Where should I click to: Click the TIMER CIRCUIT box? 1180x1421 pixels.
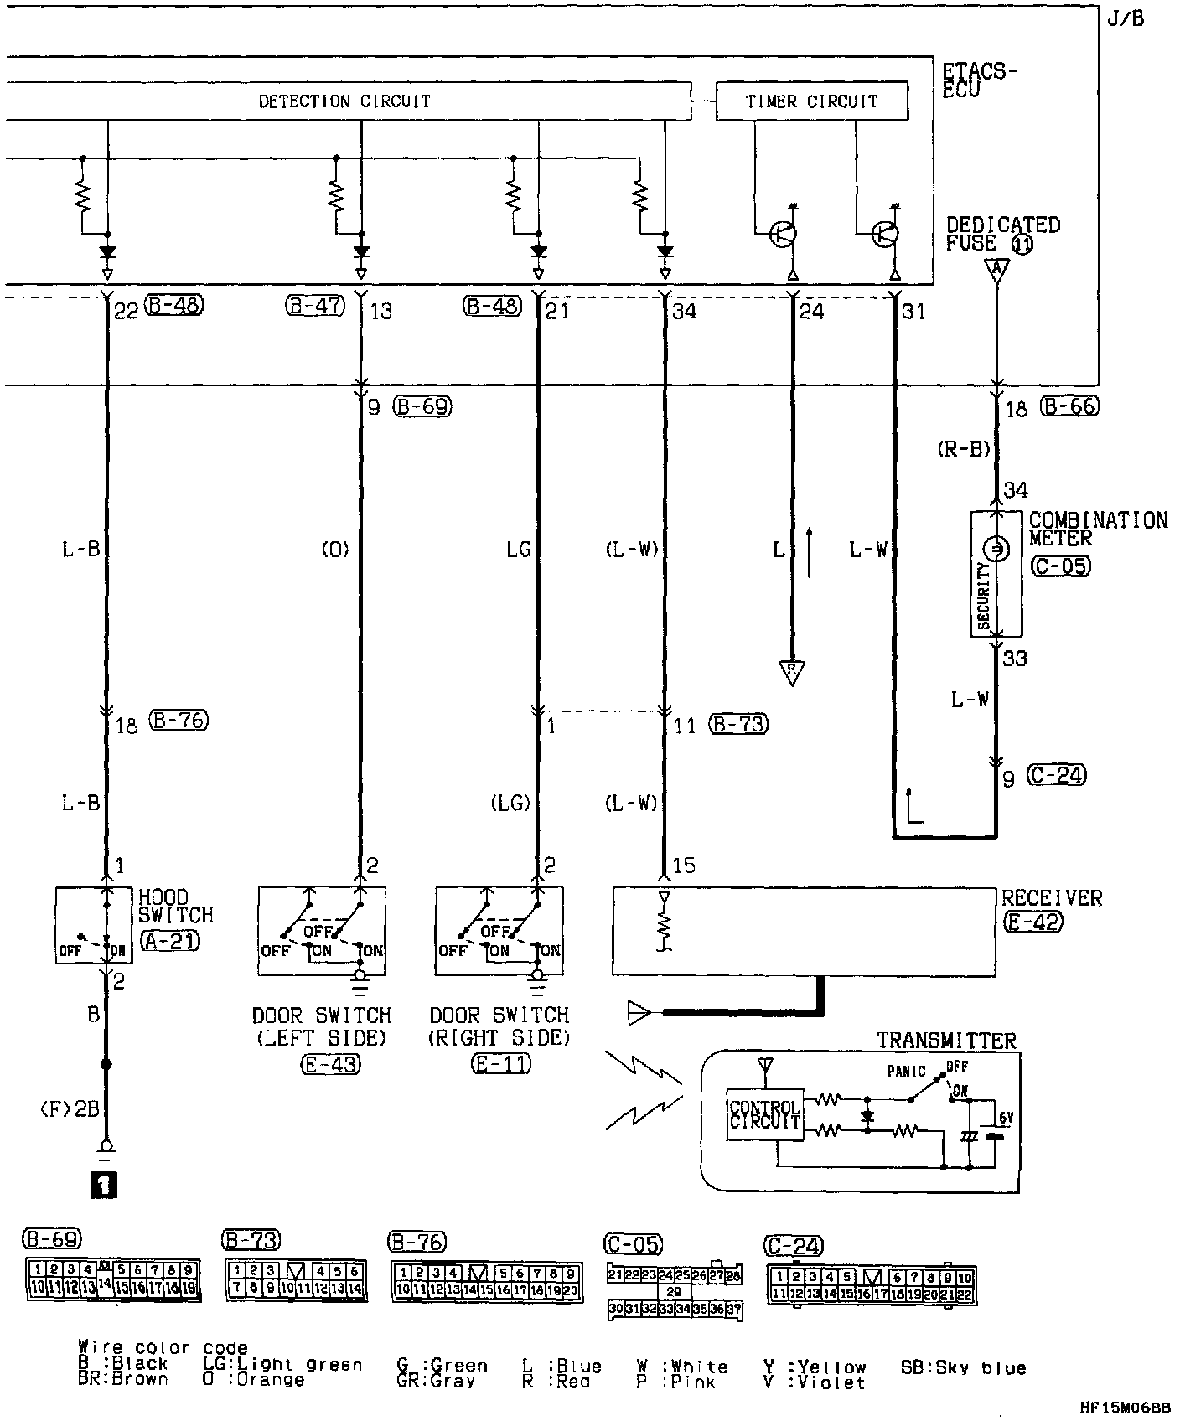click(811, 101)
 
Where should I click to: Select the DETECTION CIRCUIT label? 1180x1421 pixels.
click(344, 101)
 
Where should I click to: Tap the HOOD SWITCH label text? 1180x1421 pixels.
click(176, 907)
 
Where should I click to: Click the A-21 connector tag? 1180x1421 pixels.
click(170, 941)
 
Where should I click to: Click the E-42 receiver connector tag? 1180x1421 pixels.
click(1032, 922)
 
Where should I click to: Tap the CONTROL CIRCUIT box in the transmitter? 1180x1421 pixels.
click(764, 1114)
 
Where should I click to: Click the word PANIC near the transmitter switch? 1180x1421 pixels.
click(907, 1072)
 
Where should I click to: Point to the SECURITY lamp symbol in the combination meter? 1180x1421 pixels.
click(996, 550)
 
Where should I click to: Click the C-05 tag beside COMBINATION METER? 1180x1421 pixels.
click(1060, 566)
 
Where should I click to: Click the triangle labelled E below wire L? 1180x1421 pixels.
click(792, 672)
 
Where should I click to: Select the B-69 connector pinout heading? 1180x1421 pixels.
click(52, 1239)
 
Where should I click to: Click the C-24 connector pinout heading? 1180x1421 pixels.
click(794, 1246)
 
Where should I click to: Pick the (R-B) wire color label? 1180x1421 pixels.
click(964, 450)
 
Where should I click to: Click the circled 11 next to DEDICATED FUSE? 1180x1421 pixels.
click(1022, 244)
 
